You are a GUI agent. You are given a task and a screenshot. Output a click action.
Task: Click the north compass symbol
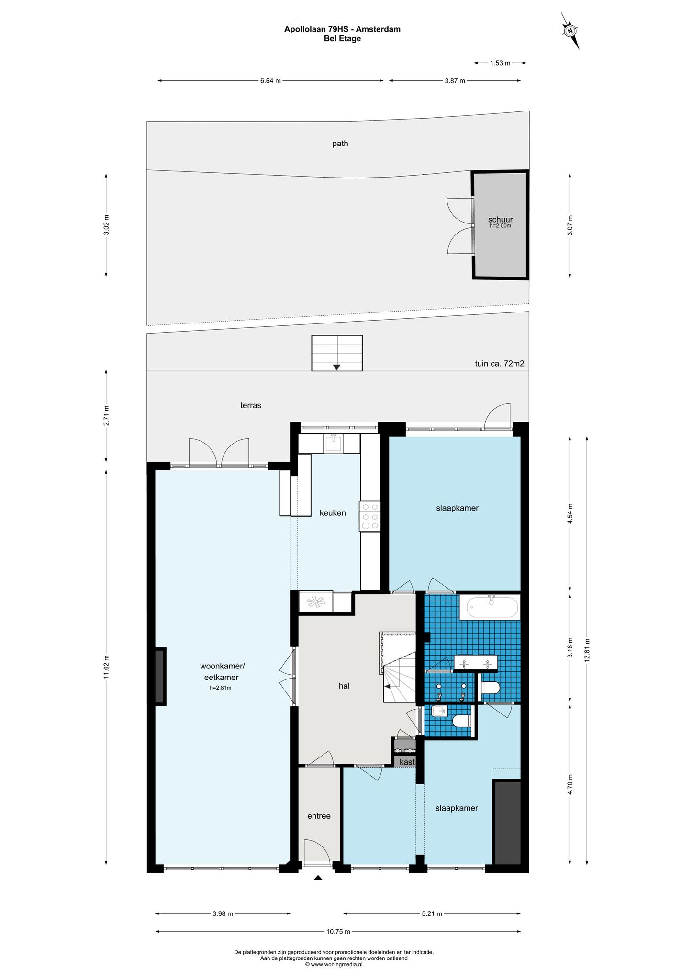(x=570, y=31)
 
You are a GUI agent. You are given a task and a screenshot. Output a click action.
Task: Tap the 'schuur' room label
(x=500, y=220)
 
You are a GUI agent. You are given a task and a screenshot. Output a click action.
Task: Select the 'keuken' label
(x=333, y=513)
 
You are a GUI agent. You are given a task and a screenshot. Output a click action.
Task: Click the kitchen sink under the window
(x=333, y=443)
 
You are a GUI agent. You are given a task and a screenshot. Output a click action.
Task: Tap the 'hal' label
(x=344, y=686)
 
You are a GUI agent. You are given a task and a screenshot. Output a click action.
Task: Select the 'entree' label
(x=319, y=816)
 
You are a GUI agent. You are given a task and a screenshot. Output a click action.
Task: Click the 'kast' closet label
(x=407, y=762)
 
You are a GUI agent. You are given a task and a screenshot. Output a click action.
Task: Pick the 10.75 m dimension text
(x=338, y=931)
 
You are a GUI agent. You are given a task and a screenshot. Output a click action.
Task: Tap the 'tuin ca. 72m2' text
(x=499, y=363)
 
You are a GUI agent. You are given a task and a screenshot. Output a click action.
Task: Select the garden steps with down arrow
(x=337, y=353)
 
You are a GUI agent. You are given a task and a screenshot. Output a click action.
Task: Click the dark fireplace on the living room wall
(x=160, y=676)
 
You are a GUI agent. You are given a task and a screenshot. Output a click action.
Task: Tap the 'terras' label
(x=251, y=405)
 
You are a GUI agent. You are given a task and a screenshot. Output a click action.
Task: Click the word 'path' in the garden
(x=340, y=143)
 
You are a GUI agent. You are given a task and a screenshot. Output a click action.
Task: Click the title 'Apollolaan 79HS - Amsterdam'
(x=342, y=29)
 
